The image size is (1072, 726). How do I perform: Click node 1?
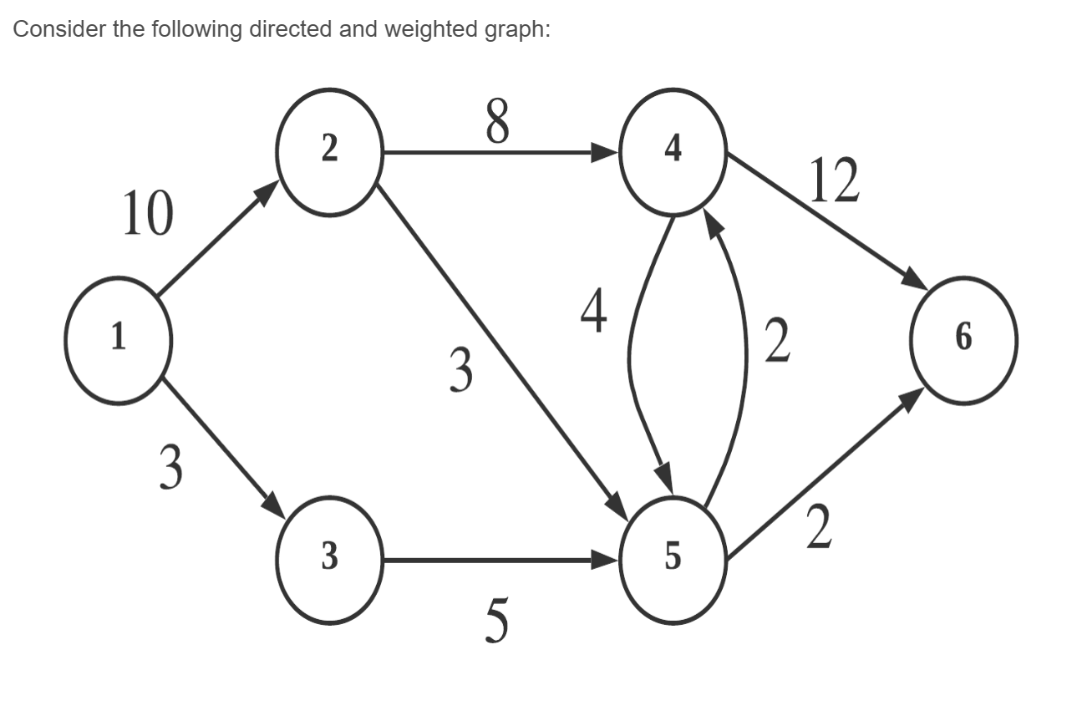click(119, 338)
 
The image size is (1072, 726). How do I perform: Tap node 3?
click(329, 561)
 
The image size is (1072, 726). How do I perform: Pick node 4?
click(673, 152)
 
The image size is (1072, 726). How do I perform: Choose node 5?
click(673, 561)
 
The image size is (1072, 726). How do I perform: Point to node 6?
click(963, 338)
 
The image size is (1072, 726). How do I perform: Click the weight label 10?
click(148, 214)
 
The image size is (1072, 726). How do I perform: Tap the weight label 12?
click(835, 181)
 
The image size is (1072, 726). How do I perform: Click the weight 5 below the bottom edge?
click(496, 622)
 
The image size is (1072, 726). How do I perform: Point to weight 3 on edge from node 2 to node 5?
click(460, 370)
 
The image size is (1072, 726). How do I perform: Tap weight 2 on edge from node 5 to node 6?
click(819, 528)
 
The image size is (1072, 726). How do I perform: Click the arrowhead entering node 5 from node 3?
click(607, 561)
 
